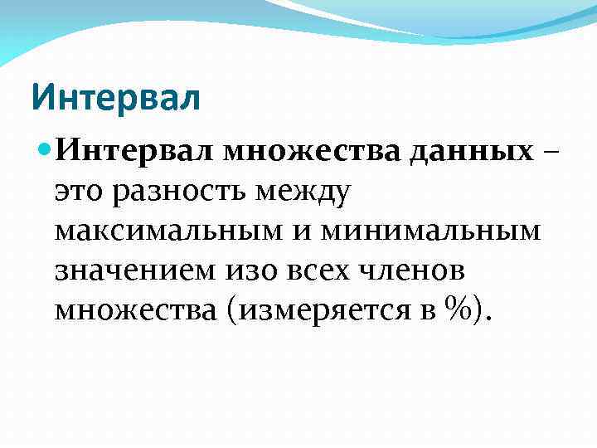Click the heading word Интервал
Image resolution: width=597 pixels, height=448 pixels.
tap(116, 97)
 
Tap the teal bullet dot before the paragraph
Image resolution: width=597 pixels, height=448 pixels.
tap(45, 153)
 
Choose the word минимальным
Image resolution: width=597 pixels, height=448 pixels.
tap(430, 231)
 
